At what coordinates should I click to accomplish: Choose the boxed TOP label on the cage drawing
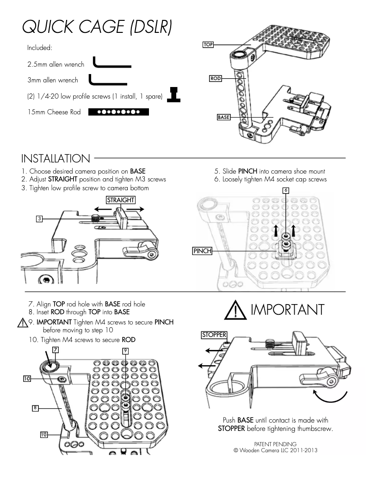tap(207, 45)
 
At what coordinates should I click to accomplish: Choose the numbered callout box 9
tap(125, 351)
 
